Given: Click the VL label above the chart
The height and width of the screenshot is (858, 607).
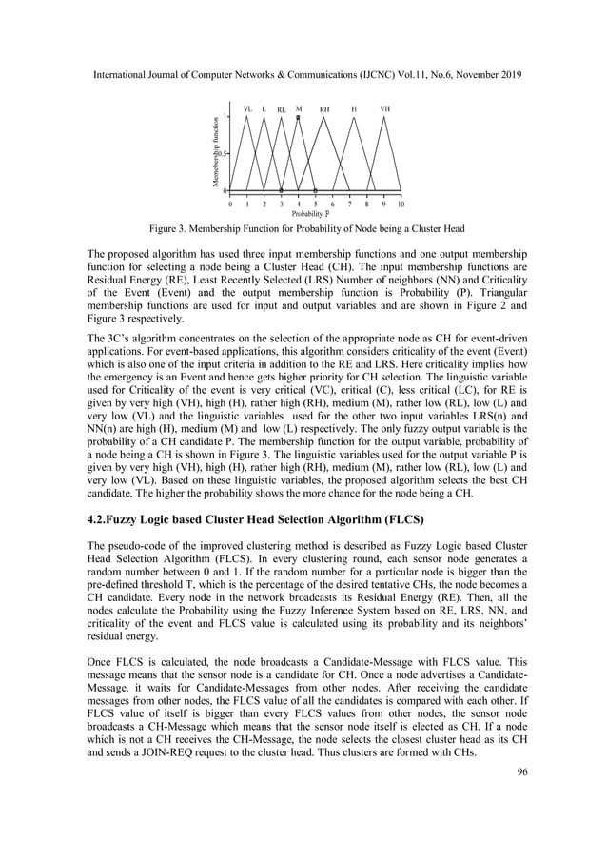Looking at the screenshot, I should click(247, 109).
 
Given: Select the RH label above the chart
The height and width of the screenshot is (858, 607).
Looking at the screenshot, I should click(324, 109).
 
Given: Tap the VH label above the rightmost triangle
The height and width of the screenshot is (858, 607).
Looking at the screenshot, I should click(384, 109).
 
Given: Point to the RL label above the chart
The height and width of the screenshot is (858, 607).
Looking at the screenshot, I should click(282, 110).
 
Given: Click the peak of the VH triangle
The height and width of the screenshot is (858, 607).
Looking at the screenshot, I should click(384, 117).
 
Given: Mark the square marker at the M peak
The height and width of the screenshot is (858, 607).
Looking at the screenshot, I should click(299, 117).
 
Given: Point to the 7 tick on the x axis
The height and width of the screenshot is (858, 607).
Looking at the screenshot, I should click(350, 204).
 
